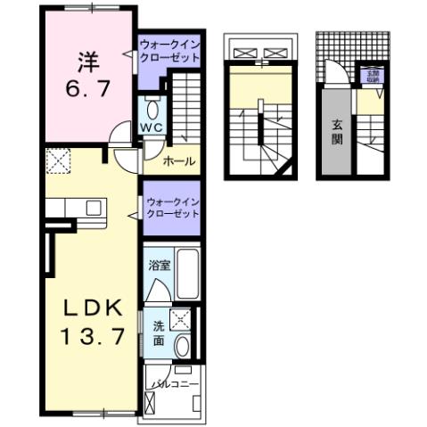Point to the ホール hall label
tap(180, 162)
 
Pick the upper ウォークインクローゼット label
tap(168, 48)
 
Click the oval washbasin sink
tap(182, 346)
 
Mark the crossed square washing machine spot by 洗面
tap(181, 319)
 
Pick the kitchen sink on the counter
tap(94, 208)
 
